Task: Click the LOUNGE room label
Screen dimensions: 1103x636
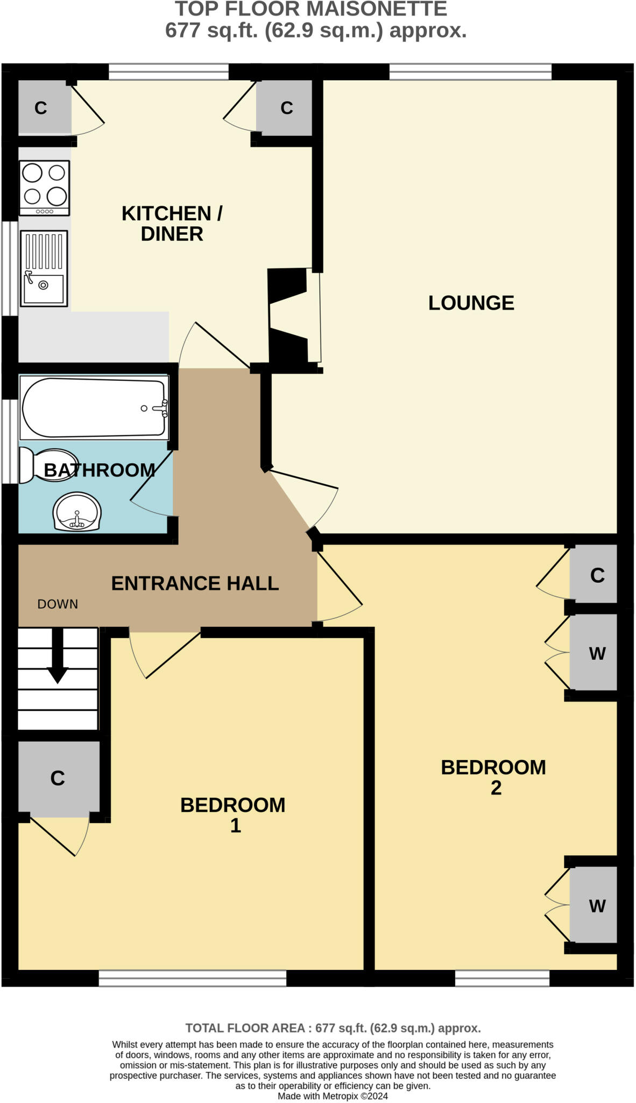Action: point(471,303)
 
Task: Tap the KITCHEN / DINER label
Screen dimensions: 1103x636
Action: point(172,224)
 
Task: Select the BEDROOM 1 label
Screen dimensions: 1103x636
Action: point(233,815)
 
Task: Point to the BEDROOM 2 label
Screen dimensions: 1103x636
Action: point(493,777)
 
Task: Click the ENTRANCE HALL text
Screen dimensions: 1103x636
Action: point(195,583)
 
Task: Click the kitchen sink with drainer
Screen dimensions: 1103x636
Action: point(44,268)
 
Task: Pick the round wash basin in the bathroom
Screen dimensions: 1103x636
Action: point(77,512)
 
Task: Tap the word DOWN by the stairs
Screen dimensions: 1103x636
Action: point(58,604)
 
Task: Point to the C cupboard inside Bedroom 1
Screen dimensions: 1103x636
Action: point(58,778)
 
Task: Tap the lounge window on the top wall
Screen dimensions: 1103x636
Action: point(470,72)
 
